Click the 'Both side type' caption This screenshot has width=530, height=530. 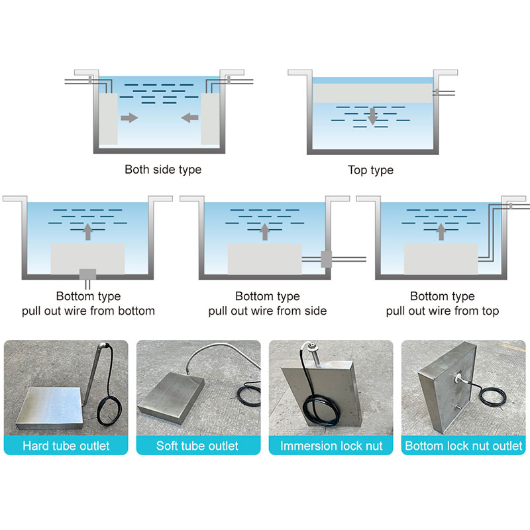coord(163,170)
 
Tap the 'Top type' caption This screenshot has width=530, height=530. coord(370,170)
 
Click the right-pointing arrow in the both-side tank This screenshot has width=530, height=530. coord(129,118)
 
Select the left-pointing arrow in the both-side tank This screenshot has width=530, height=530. coord(189,118)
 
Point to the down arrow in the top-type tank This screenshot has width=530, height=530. coord(372,117)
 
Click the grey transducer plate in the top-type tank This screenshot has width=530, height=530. coord(372,93)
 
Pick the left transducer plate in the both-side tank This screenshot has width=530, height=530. coord(109,119)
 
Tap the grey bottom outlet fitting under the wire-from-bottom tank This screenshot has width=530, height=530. coord(87,274)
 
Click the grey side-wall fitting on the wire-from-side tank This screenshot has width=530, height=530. coord(326,259)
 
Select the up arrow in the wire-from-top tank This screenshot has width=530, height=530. coord(441,232)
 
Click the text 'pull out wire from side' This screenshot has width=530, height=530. coord(268,311)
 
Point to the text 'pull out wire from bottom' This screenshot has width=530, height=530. coord(88,311)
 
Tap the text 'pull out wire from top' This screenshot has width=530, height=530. coord(442,311)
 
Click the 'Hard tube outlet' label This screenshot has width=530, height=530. coord(66,446)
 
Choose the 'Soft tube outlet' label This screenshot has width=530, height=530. coord(197,446)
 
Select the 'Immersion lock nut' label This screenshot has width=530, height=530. coord(331,446)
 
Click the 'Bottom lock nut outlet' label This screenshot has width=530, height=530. coord(463,446)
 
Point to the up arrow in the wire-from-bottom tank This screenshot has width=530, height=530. coord(88,232)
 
